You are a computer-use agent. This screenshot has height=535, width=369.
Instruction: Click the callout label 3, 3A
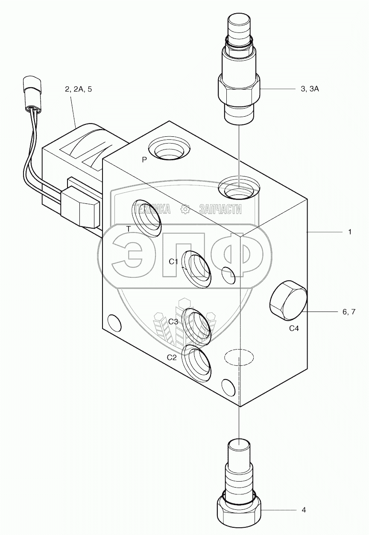(310, 89)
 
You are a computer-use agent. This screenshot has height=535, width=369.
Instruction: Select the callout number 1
(349, 232)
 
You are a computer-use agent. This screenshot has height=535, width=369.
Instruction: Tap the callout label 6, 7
(348, 312)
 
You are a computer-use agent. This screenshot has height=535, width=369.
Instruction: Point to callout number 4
(304, 510)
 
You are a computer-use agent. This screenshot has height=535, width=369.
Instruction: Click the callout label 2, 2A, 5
(78, 89)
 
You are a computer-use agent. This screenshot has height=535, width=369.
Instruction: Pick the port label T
(128, 229)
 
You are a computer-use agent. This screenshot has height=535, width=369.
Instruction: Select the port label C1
(173, 262)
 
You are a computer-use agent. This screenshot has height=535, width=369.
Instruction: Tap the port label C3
(173, 322)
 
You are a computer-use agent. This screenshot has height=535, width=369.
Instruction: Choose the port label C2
(171, 358)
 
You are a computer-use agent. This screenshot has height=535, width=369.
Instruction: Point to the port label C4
(294, 329)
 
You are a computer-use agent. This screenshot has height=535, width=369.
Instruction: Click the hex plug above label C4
(288, 301)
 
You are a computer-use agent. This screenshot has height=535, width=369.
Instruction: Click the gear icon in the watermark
(185, 209)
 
